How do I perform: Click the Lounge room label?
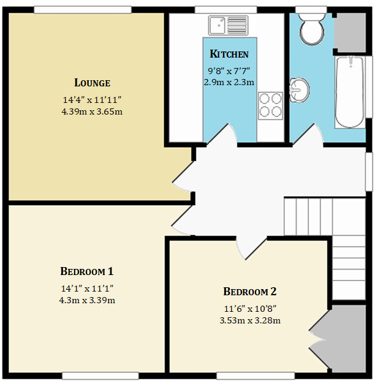[92, 83]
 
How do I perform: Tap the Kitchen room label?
[229, 54]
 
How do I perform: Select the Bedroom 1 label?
[86, 271]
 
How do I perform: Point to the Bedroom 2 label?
[250, 292]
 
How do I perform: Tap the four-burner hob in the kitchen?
[270, 105]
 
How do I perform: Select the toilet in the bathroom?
[312, 28]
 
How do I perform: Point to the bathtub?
[350, 92]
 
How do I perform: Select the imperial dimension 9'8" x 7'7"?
[229, 71]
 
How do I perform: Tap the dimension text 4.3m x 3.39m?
[86, 300]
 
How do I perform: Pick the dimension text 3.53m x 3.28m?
[250, 320]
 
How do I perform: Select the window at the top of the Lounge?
[82, 9]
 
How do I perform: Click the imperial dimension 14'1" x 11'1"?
[86, 289]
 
